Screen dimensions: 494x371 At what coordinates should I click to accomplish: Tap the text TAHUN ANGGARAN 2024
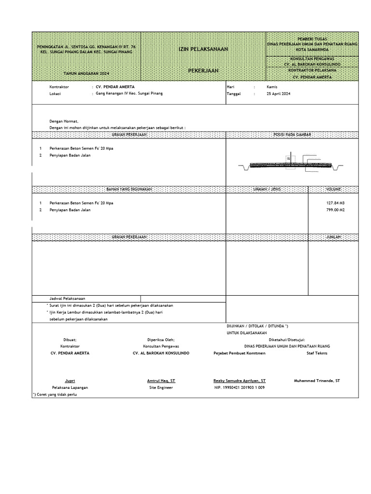(86, 73)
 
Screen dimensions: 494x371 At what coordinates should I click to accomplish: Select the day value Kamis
(272, 86)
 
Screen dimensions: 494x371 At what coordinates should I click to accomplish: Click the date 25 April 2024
(278, 94)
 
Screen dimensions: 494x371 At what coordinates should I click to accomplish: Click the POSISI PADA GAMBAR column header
(292, 135)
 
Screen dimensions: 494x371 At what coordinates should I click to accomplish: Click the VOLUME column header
(333, 189)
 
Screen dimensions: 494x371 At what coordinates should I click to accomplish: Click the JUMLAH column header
(333, 237)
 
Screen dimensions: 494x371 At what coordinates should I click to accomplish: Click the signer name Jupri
(70, 381)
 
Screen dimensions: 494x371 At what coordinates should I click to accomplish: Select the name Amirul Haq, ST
(161, 381)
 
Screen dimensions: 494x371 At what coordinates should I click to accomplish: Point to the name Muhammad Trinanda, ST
(317, 381)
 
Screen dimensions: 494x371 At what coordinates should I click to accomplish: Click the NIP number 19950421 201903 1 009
(239, 387)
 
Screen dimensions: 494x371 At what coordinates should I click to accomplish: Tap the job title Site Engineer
(161, 387)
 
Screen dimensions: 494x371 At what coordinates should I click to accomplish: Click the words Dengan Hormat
(64, 121)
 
